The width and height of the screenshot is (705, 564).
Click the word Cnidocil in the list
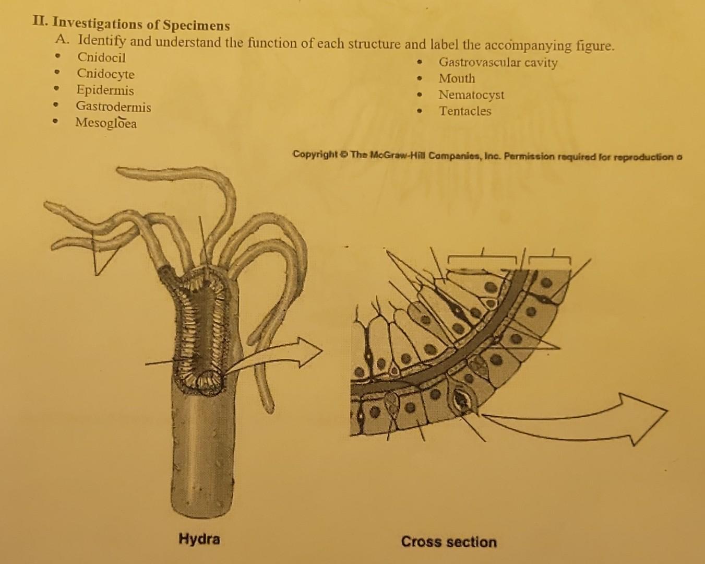101,57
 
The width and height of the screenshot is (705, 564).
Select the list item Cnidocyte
105,74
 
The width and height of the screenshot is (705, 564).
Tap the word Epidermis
105,90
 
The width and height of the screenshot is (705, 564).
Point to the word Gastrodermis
113,107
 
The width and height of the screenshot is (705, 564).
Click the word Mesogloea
106,123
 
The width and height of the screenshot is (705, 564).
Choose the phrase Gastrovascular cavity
498,63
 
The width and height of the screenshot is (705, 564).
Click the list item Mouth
457,79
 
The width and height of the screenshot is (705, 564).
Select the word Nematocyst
471,95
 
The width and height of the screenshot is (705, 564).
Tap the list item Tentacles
464,111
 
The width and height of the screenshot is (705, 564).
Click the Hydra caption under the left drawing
199,538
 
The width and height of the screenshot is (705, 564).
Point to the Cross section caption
449,542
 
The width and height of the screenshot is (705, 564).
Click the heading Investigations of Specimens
141,25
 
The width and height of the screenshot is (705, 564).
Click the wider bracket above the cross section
482,258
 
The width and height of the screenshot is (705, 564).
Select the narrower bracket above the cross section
549,258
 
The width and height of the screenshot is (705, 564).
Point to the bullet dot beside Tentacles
419,111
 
